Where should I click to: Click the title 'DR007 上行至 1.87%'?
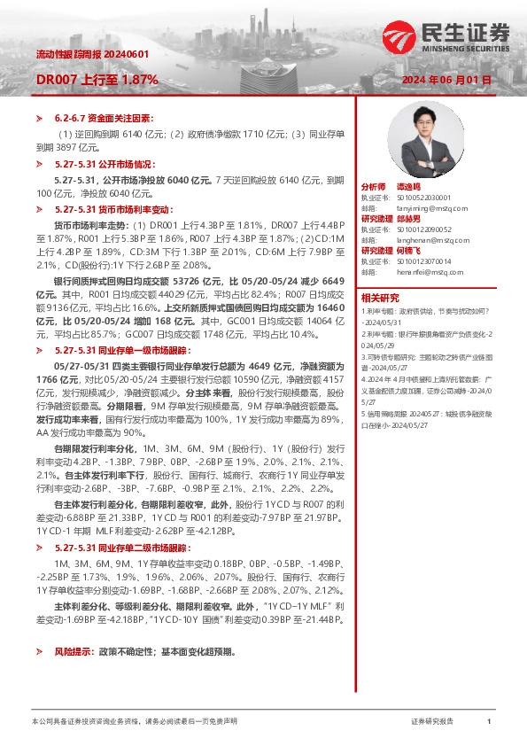coord(97,80)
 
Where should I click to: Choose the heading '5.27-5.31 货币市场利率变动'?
coord(110,209)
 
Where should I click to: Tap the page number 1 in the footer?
coord(489,722)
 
